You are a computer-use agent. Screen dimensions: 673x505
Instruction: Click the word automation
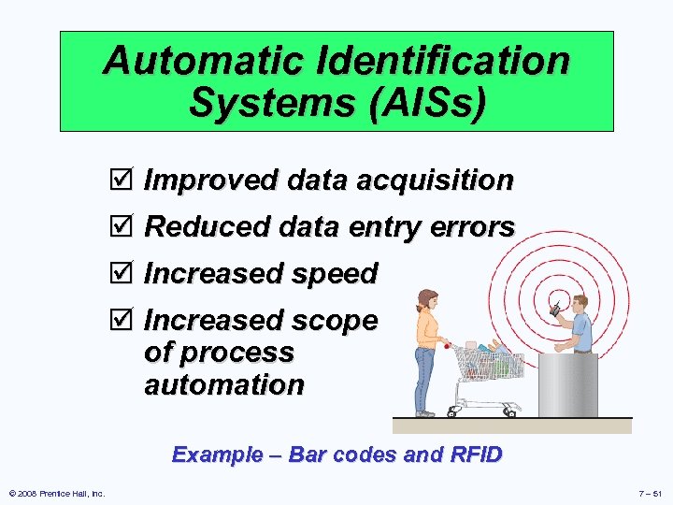coord(224,384)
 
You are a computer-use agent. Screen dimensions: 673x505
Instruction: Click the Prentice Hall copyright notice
coord(56,493)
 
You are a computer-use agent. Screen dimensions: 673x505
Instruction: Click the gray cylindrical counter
coord(567,383)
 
